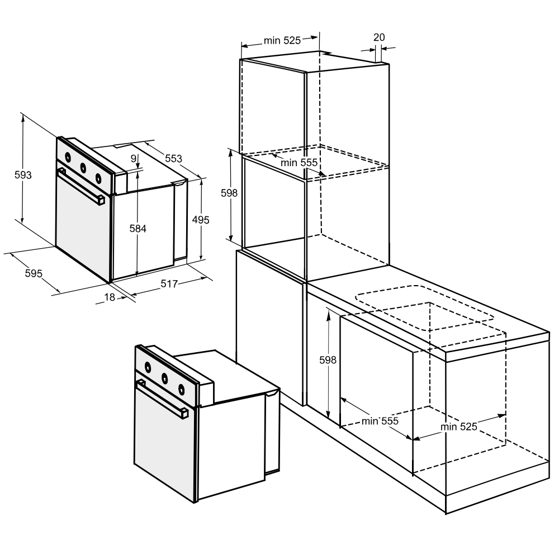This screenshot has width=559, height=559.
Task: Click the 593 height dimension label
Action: [x=23, y=175]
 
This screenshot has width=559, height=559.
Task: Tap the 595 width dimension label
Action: [x=34, y=273]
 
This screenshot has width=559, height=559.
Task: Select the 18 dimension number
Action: [x=110, y=297]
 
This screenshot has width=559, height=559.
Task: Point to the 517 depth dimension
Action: [x=169, y=284]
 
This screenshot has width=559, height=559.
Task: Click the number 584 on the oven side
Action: [x=138, y=229]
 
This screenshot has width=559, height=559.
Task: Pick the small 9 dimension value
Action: [x=134, y=159]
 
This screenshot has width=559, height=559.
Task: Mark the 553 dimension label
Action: [x=174, y=158]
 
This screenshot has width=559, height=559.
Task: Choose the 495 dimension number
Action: [x=201, y=220]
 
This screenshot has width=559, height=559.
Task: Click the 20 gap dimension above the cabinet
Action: [x=380, y=37]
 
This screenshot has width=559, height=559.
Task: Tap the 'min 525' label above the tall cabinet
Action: [x=282, y=41]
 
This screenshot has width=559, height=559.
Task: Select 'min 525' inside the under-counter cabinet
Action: [x=459, y=427]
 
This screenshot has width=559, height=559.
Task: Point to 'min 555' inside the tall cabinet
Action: [x=299, y=163]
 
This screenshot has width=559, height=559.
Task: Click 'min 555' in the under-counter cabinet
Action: [x=380, y=421]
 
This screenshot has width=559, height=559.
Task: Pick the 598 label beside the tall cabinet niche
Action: [x=229, y=193]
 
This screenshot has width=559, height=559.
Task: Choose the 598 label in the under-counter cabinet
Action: [x=328, y=360]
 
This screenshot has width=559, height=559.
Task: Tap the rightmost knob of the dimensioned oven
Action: [x=98, y=177]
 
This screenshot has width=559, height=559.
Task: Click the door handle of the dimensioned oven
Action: [x=81, y=187]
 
